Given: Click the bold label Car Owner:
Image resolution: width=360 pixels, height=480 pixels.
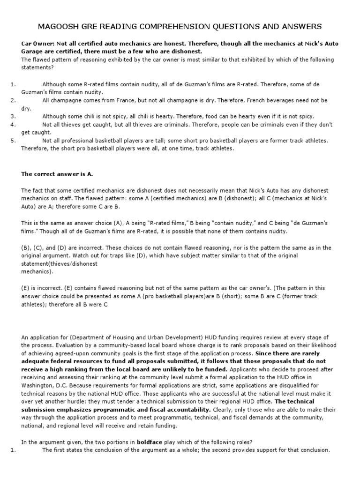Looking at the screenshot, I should [x=37, y=43].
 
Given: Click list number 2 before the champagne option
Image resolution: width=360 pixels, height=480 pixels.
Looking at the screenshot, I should [x=14, y=100].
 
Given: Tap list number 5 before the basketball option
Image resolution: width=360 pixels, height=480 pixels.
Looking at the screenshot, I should [x=14, y=140].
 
